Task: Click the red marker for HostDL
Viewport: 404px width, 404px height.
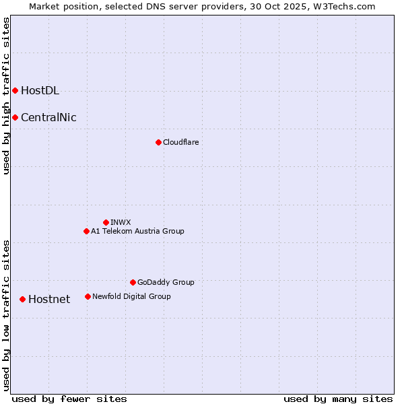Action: [15, 90]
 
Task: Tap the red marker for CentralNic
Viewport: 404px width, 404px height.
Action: [15, 117]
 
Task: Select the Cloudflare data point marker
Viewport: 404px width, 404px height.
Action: [158, 142]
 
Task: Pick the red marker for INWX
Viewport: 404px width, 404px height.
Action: [106, 222]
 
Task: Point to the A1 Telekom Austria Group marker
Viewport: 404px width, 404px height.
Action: [86, 231]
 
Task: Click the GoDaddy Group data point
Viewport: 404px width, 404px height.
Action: [133, 282]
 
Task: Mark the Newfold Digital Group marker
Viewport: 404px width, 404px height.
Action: [88, 296]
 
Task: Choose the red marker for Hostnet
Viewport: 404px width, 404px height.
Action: [22, 299]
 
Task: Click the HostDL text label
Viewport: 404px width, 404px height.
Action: [40, 91]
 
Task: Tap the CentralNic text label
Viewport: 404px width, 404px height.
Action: [48, 118]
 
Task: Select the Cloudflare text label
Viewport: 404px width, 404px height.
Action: [180, 142]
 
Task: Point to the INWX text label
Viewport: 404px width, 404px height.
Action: [121, 222]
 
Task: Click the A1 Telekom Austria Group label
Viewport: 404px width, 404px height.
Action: [137, 231]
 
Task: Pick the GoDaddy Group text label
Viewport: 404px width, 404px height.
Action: [166, 282]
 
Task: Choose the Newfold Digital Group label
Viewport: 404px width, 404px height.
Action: [131, 296]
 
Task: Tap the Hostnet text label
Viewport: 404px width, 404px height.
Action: [49, 300]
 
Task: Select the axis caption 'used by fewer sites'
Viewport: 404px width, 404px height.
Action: [69, 399]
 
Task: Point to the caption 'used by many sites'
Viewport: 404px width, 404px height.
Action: [338, 399]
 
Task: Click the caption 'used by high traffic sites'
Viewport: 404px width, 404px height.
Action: [6, 96]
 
